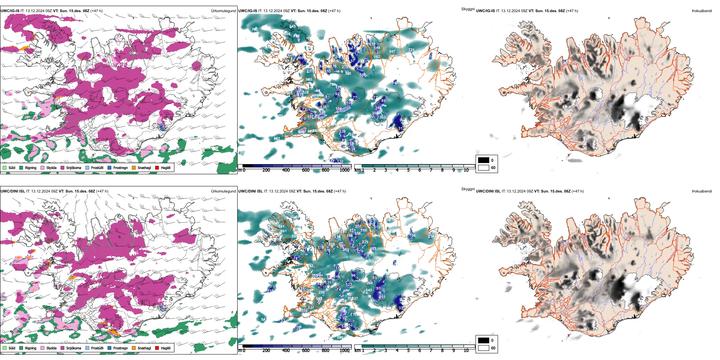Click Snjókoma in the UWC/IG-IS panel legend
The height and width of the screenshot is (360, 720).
click(x=74, y=167)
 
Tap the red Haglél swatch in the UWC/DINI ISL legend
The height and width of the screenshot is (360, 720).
click(x=157, y=348)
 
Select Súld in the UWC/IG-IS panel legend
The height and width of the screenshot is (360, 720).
click(x=12, y=167)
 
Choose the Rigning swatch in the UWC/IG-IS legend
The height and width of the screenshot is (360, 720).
click(x=21, y=167)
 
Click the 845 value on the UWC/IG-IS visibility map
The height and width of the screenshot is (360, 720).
click(x=292, y=27)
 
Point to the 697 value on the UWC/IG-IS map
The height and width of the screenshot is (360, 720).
click(x=392, y=52)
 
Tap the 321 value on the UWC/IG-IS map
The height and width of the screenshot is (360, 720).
click(x=411, y=50)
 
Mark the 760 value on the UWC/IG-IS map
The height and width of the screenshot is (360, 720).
click(x=255, y=29)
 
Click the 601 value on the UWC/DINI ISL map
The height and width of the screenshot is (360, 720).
click(x=283, y=231)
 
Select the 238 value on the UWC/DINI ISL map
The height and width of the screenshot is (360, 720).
click(x=431, y=236)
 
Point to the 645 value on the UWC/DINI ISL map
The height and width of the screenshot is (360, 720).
click(x=369, y=290)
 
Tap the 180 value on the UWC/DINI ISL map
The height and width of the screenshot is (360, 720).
click(x=412, y=236)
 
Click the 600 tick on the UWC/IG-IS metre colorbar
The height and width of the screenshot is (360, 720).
click(x=306, y=170)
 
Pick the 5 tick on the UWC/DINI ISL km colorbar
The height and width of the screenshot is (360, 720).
click(x=409, y=351)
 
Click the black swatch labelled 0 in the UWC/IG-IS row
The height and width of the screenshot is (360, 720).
click(x=484, y=160)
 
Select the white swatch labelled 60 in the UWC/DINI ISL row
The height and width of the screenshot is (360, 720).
click(x=484, y=348)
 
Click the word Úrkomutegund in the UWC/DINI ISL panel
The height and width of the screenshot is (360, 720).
click(x=223, y=191)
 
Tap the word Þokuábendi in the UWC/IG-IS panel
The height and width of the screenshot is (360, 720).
click(x=702, y=11)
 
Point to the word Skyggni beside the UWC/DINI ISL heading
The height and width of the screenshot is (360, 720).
click(x=468, y=189)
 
